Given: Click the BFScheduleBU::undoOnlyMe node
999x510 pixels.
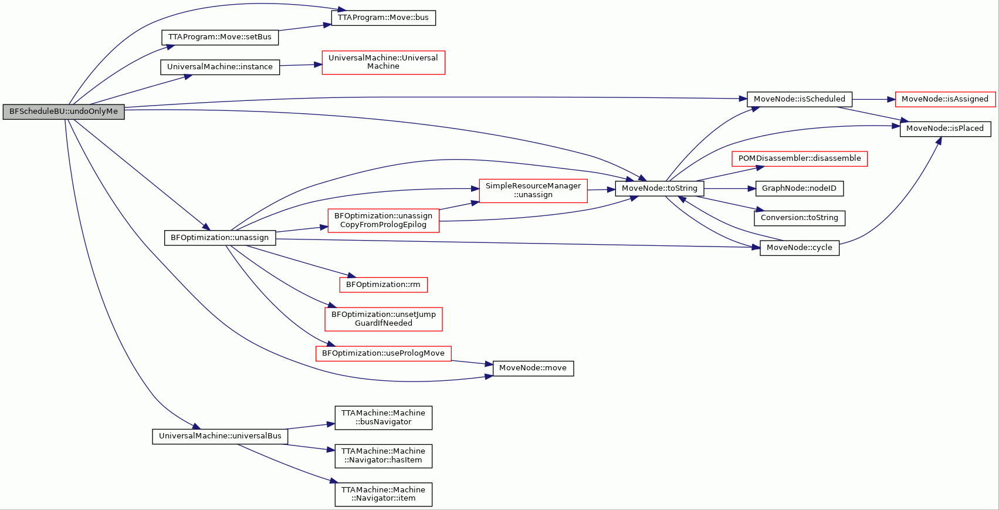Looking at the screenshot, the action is click(x=64, y=112).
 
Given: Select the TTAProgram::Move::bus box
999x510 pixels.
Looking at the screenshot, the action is click(x=384, y=18).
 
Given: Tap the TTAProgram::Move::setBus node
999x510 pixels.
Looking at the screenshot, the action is click(x=220, y=37).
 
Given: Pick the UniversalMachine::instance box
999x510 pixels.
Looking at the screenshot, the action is click(x=220, y=67).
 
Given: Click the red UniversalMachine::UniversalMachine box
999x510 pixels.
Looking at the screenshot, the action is click(x=384, y=62).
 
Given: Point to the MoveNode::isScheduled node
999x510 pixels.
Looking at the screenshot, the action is click(x=800, y=99).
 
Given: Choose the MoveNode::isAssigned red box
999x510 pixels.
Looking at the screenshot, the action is click(x=945, y=99).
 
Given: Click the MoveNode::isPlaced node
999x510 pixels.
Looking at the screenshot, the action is click(x=945, y=129).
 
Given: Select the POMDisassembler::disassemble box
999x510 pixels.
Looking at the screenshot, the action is click(x=800, y=158).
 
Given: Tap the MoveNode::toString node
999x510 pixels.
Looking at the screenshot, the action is click(x=659, y=188).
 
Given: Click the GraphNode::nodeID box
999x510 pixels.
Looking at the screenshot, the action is click(x=800, y=188).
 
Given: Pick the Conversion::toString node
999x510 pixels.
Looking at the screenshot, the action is click(x=800, y=218).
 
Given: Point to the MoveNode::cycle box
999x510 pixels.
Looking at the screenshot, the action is click(x=800, y=248).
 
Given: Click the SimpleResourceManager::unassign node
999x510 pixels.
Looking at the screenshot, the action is click(x=533, y=191).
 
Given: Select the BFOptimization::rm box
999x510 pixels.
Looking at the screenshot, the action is click(x=384, y=285).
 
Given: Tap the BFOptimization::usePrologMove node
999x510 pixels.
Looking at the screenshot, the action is click(x=384, y=353).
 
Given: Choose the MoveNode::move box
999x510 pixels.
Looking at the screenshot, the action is click(x=533, y=368).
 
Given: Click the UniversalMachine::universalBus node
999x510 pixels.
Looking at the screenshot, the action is click(x=220, y=437).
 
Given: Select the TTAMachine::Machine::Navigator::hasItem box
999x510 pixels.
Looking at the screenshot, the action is click(x=384, y=456).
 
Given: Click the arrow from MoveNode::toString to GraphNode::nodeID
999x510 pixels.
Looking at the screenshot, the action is click(x=730, y=189).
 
